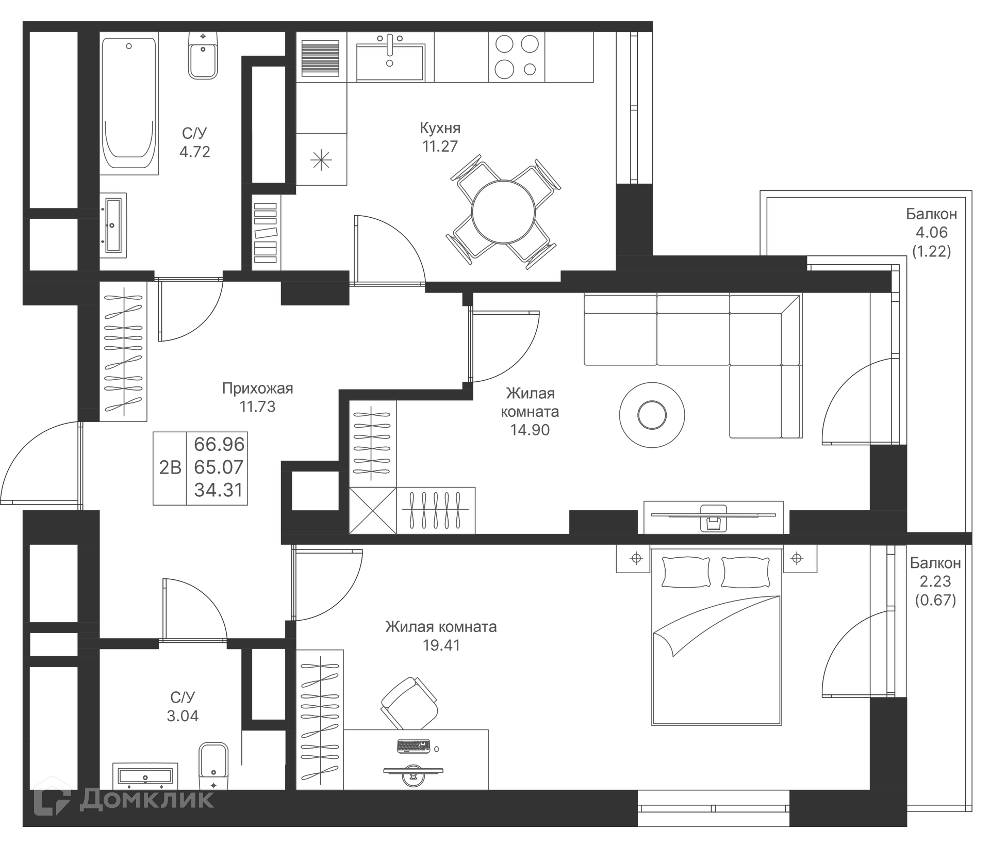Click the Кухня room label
point(440,128)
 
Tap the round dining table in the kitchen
point(503,212)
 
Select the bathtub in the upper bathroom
point(129,103)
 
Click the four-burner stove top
point(517,57)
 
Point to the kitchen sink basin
point(390,62)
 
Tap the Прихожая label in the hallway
point(257,388)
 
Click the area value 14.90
point(530,430)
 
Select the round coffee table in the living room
point(652,415)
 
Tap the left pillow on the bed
point(686,572)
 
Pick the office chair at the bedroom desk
point(409,703)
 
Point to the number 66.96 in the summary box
point(219,444)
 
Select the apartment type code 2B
point(170,467)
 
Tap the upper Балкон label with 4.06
point(931,214)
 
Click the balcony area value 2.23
point(935,581)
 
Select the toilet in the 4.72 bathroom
point(203,57)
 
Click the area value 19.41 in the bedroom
point(441,645)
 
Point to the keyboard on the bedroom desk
point(414,747)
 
